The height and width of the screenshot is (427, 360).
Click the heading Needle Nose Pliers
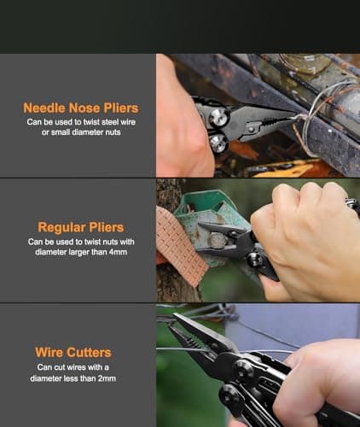(x=80, y=108)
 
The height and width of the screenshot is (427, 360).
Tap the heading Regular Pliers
(x=80, y=227)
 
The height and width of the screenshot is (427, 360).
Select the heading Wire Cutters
(x=73, y=352)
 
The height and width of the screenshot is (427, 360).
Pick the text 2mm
(x=106, y=378)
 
